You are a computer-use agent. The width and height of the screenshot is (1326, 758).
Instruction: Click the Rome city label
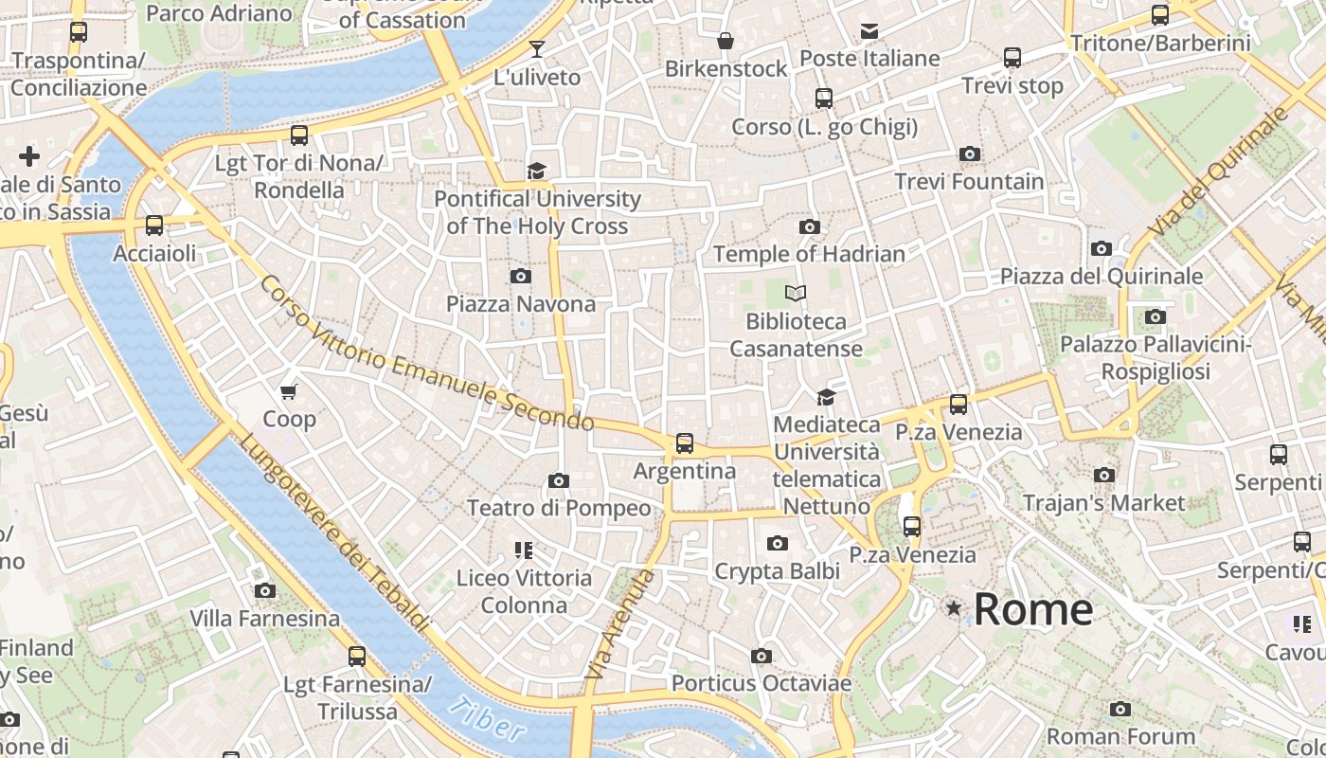tap(1032, 608)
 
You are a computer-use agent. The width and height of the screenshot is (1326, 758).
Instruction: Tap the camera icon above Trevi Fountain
tap(969, 153)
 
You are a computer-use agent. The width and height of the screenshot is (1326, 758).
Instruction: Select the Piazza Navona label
tap(521, 304)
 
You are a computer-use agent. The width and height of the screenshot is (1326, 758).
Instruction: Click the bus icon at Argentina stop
tap(684, 442)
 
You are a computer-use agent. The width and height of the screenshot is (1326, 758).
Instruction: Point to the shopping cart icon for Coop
tap(289, 390)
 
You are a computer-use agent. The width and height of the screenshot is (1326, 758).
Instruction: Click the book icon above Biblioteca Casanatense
tap(796, 294)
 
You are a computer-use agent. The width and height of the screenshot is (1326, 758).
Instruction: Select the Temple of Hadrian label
tap(809, 254)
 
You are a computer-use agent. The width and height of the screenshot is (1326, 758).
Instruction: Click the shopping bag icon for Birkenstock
tap(725, 41)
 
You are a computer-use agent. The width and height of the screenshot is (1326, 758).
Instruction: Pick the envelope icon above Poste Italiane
tap(869, 31)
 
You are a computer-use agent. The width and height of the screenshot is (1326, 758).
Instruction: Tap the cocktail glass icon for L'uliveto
tap(537, 48)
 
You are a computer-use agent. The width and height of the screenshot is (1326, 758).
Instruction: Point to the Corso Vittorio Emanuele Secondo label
tap(426, 354)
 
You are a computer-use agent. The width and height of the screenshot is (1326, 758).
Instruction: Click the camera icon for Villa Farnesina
tap(265, 591)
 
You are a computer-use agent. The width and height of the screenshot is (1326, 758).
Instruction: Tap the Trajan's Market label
tap(1103, 502)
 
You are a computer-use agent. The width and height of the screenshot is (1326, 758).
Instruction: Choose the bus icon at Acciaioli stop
tap(154, 226)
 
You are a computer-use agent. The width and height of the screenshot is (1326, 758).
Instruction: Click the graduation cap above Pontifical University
tap(537, 171)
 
